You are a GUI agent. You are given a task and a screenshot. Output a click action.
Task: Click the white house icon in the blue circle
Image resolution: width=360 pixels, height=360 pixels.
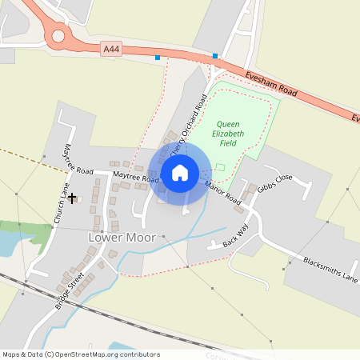coord(180,172)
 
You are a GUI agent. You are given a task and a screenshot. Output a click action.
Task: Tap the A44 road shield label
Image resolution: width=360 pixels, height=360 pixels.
coord(112,50)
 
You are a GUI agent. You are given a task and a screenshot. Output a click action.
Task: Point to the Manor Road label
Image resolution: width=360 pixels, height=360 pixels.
coord(223,194)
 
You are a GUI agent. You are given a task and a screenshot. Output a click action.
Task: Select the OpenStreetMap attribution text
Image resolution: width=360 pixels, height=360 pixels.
coord(81,354)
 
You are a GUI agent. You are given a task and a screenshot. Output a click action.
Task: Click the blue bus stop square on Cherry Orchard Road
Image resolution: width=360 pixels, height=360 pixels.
coord(215,56)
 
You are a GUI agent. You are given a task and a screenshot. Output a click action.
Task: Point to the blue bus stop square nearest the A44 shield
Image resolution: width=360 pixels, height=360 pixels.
coord(158,58)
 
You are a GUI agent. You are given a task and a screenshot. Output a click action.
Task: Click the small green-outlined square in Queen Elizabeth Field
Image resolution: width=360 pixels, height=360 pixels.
coord(220,166)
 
